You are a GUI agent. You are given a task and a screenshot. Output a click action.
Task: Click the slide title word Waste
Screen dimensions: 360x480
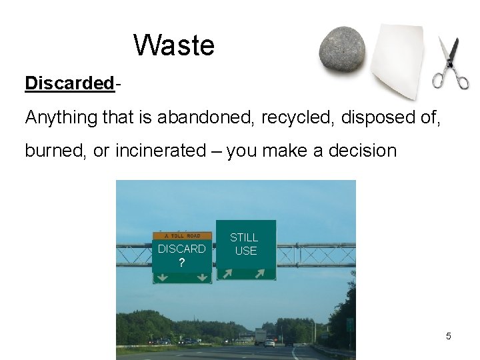click(174, 45)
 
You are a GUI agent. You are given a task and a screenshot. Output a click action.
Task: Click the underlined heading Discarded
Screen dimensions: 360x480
click(69, 83)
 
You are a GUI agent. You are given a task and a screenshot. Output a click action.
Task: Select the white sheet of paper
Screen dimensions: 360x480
click(397, 60)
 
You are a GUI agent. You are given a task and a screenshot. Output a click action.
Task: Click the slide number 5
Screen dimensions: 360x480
click(448, 336)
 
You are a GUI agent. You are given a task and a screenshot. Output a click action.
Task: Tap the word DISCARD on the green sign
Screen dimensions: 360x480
click(181, 249)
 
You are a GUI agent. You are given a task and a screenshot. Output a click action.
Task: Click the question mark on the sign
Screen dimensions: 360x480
click(181, 262)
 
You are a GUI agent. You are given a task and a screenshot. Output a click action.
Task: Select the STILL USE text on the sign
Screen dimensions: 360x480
click(244, 244)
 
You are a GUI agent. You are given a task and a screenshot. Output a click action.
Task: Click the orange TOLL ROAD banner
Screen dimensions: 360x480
click(182, 235)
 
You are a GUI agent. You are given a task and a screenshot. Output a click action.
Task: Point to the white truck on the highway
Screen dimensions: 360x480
click(260, 335)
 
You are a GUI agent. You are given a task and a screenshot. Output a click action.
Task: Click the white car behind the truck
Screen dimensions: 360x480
click(270, 343)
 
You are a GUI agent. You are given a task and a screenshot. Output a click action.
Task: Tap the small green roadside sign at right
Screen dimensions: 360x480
click(350, 324)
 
